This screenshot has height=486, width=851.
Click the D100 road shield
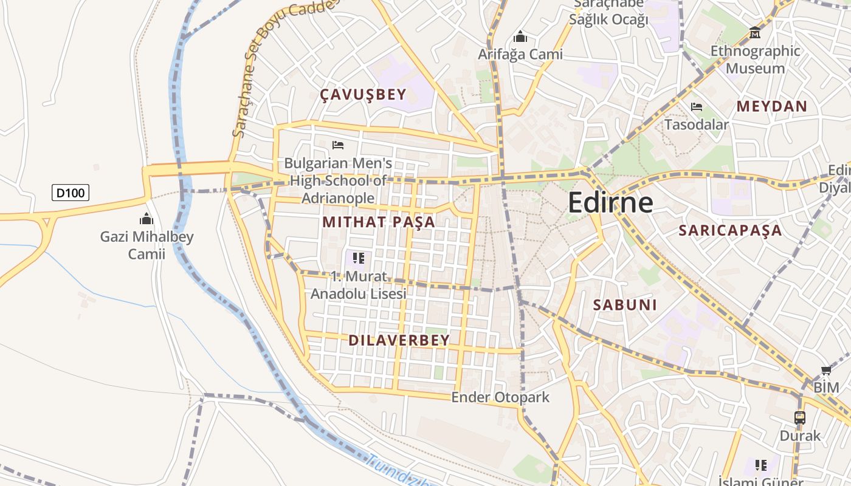[71, 193]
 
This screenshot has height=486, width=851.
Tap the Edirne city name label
[610, 203]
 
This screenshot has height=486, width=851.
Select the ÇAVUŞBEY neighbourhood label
[363, 94]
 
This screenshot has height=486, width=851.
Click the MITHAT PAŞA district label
[379, 222]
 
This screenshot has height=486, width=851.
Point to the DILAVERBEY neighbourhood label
[399, 340]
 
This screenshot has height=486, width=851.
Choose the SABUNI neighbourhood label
[625, 305]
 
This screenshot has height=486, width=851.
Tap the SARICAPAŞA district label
[730, 230]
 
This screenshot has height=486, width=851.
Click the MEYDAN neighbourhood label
[772, 106]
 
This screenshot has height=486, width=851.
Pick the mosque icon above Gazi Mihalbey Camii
[146, 219]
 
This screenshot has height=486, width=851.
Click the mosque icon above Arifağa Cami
[520, 36]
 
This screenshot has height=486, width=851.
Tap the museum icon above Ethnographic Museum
[755, 32]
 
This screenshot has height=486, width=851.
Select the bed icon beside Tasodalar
[697, 107]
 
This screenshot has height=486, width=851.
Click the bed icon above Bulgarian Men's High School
[338, 145]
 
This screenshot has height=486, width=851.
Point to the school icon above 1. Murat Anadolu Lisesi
[358, 258]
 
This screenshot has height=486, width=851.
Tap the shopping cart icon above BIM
[825, 371]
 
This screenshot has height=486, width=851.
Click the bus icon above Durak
[800, 417]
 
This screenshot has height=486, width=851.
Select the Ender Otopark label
[500, 397]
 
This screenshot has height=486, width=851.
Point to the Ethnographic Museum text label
[755, 60]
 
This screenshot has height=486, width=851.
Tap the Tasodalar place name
[696, 125]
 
